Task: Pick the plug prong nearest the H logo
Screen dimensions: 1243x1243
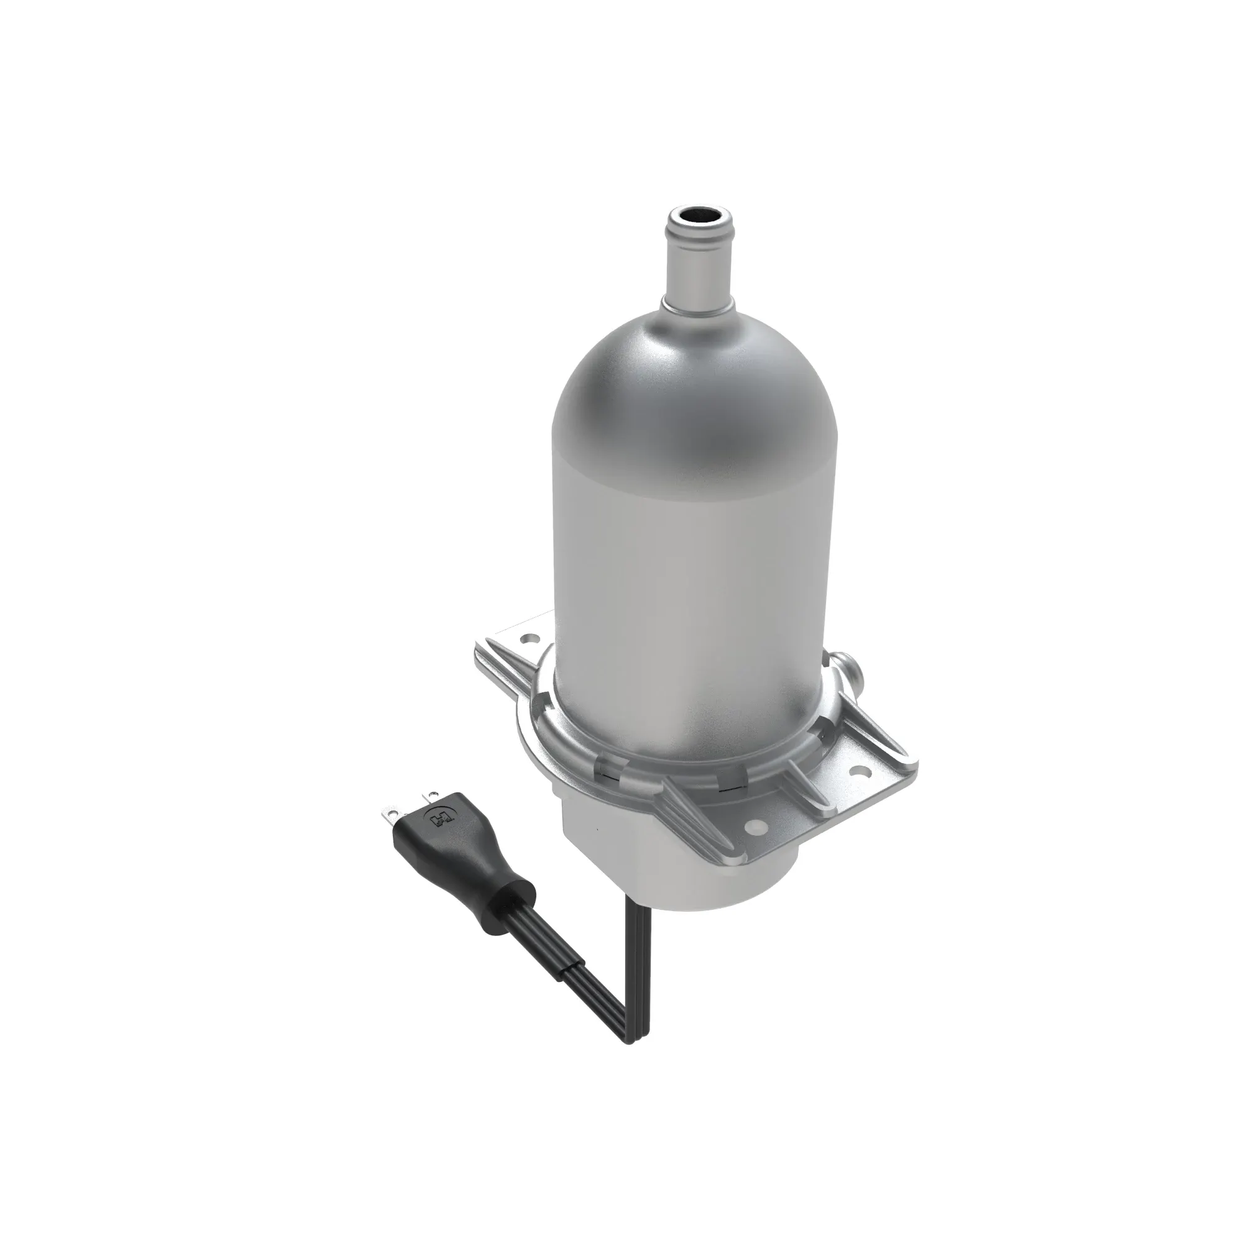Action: point(426,798)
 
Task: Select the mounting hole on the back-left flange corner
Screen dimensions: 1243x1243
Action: point(530,641)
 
